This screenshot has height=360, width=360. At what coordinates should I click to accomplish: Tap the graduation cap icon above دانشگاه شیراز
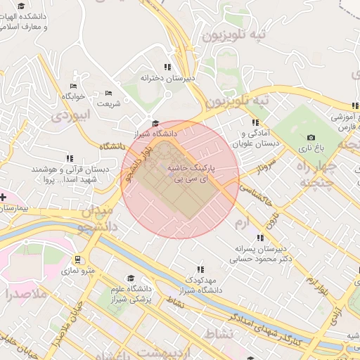click(155, 123)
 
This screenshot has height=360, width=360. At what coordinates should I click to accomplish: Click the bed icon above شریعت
click(108, 93)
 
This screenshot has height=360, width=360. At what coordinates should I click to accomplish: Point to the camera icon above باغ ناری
click(311, 138)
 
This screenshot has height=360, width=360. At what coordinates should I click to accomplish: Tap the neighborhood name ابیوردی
click(72, 114)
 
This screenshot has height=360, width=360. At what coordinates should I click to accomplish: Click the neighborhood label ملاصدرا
click(24, 294)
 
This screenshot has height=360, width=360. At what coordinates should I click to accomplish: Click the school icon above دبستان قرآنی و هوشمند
click(68, 159)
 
